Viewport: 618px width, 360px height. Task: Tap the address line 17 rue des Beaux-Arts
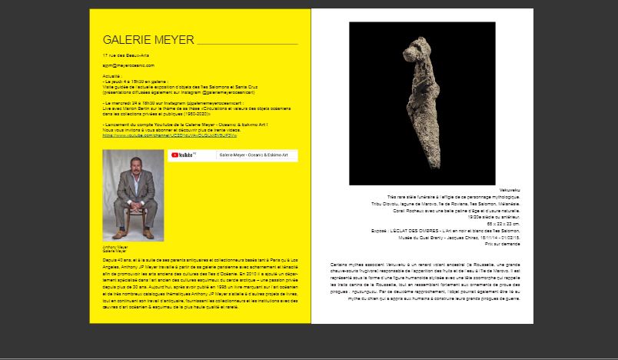point(123,57)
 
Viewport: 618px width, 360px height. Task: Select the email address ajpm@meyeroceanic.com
point(125,68)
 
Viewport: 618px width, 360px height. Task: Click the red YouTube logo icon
point(175,155)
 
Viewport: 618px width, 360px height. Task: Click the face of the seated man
point(132,170)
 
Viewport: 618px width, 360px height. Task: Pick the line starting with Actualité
point(111,78)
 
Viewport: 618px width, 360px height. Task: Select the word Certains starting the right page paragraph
point(342,265)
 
